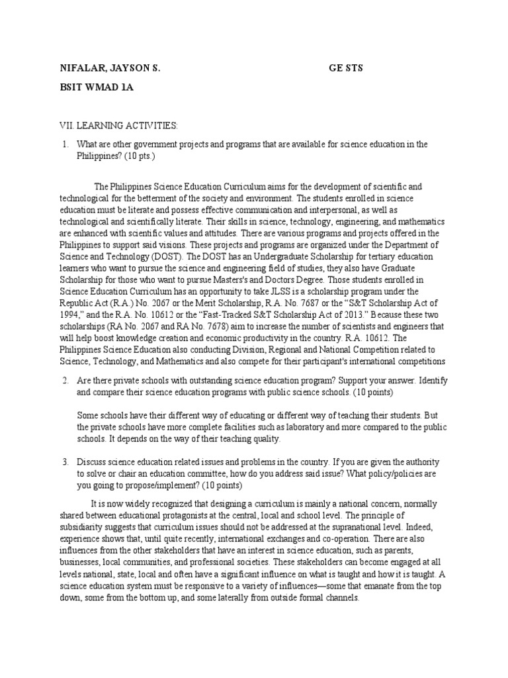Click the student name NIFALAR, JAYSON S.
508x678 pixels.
pos(109,68)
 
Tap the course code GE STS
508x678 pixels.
pos(346,68)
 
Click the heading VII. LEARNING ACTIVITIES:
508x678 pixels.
pos(118,125)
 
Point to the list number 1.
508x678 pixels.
pos(65,144)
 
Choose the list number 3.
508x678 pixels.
pos(65,461)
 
